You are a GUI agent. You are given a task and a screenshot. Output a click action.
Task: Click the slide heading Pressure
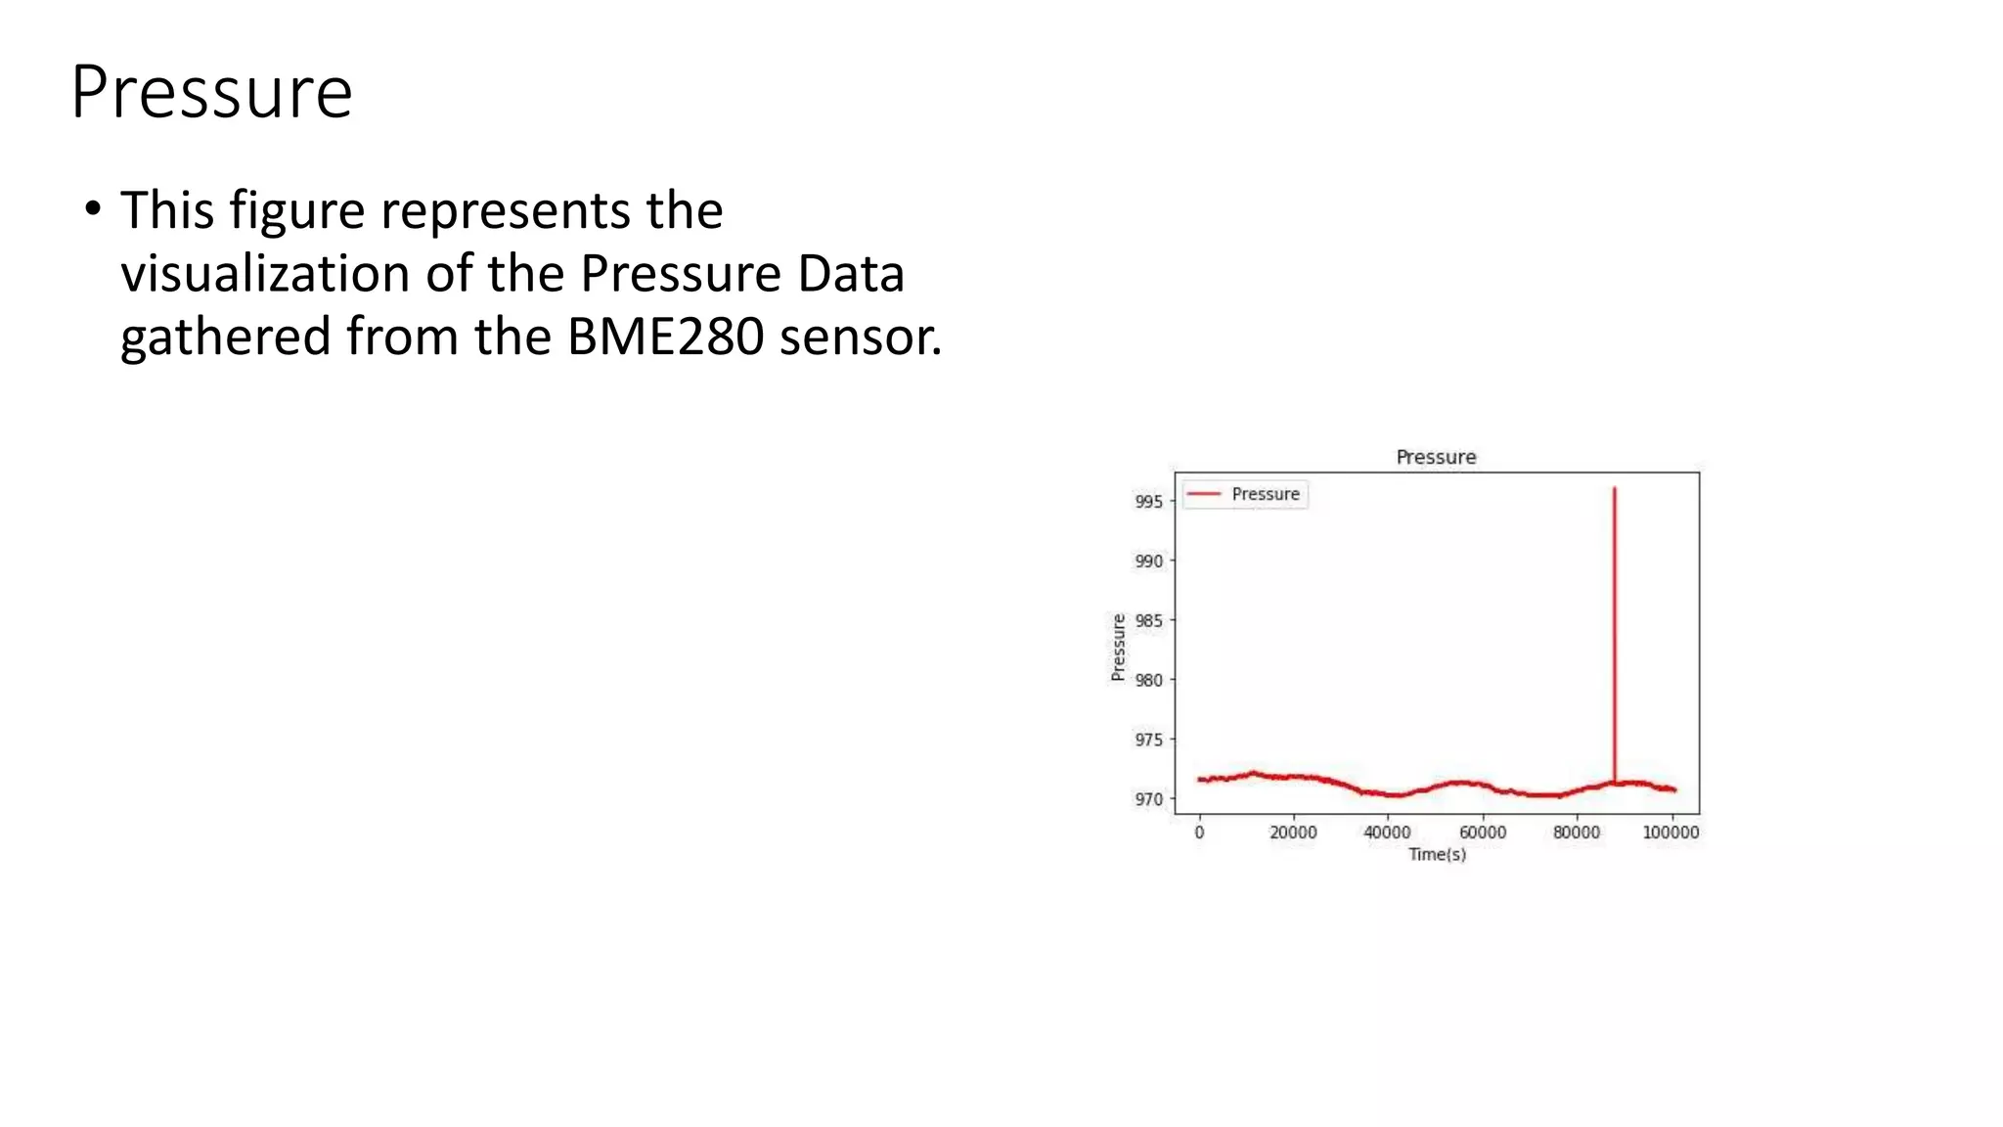coord(211,92)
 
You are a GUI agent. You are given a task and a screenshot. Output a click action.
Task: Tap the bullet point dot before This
coord(92,209)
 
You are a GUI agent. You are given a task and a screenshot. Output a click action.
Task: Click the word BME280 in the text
coord(665,337)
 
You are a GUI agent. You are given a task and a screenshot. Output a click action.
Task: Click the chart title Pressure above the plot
coord(1435,457)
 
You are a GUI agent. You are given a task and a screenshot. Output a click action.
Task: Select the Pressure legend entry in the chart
coord(1265,494)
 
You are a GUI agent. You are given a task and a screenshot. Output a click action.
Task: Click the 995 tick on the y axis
coord(1148,502)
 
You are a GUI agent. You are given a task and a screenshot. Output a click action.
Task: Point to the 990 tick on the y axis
coord(1148,562)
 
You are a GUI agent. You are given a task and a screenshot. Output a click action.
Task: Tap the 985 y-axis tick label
coord(1148,621)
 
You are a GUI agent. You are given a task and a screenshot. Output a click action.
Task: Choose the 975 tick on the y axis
coord(1148,740)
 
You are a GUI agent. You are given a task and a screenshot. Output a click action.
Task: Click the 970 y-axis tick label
coord(1148,799)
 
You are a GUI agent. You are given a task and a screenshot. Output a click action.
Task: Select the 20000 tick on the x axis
coord(1293,833)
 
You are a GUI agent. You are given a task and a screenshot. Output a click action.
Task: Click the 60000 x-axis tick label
coord(1482,833)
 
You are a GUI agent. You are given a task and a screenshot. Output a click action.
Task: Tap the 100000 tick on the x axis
coord(1669,833)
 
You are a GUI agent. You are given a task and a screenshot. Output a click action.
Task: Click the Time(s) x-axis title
coord(1437,855)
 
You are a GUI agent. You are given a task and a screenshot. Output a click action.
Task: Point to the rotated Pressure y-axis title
coord(1118,647)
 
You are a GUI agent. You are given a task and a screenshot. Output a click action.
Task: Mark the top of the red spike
coord(1614,488)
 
